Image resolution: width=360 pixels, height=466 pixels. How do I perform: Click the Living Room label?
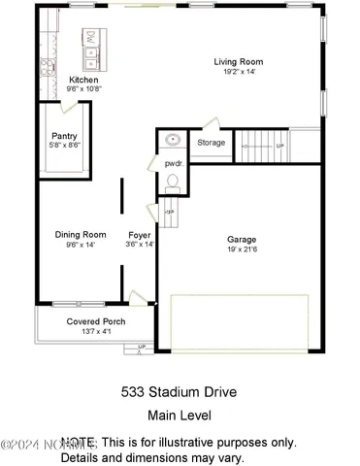click(x=238, y=62)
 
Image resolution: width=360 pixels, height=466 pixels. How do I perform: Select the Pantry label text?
click(x=66, y=137)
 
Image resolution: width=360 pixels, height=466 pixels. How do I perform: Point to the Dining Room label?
click(x=80, y=234)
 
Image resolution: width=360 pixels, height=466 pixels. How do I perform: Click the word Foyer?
click(x=141, y=234)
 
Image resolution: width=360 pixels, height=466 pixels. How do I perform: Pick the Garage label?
click(x=242, y=239)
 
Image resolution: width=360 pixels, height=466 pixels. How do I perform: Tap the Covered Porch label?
click(x=95, y=321)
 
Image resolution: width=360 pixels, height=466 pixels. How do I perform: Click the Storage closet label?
click(x=212, y=143)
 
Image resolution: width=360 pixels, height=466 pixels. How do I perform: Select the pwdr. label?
click(x=174, y=163)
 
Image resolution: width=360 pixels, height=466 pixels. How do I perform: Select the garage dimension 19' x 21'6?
click(x=242, y=250)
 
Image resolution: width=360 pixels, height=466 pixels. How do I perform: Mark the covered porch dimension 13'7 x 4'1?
click(x=95, y=332)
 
